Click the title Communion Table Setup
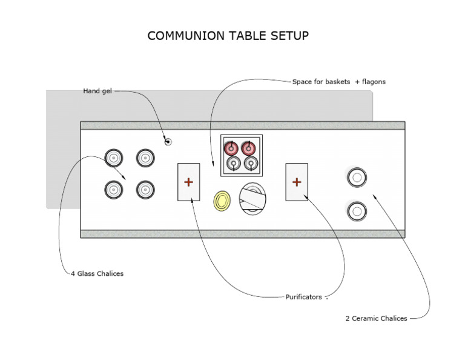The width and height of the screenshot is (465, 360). pyautogui.click(x=228, y=36)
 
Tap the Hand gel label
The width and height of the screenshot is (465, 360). pyautogui.click(x=97, y=91)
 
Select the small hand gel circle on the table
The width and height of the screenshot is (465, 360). pyautogui.click(x=168, y=141)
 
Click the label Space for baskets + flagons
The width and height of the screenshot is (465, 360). pyautogui.click(x=338, y=81)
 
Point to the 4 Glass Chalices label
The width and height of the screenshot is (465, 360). pyautogui.click(x=97, y=274)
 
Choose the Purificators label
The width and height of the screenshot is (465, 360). pyautogui.click(x=304, y=297)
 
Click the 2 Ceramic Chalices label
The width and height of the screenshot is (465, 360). pyautogui.click(x=376, y=318)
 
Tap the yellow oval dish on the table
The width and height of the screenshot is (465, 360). pyautogui.click(x=222, y=200)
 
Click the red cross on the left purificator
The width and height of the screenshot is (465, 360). pyautogui.click(x=188, y=181)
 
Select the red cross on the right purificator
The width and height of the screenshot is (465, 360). pyautogui.click(x=297, y=181)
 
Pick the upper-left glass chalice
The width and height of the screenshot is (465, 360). pyautogui.click(x=114, y=159)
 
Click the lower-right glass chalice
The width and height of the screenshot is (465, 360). pyautogui.click(x=145, y=190)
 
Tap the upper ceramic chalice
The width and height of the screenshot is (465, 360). pyautogui.click(x=357, y=178)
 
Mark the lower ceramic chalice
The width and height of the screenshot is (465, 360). pyautogui.click(x=357, y=211)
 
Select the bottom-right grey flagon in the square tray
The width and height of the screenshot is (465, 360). pyautogui.click(x=250, y=164)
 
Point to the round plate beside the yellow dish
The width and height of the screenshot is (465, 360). pyautogui.click(x=252, y=198)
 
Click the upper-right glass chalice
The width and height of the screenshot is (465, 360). pyautogui.click(x=145, y=159)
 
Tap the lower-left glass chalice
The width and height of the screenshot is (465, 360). pyautogui.click(x=114, y=190)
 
